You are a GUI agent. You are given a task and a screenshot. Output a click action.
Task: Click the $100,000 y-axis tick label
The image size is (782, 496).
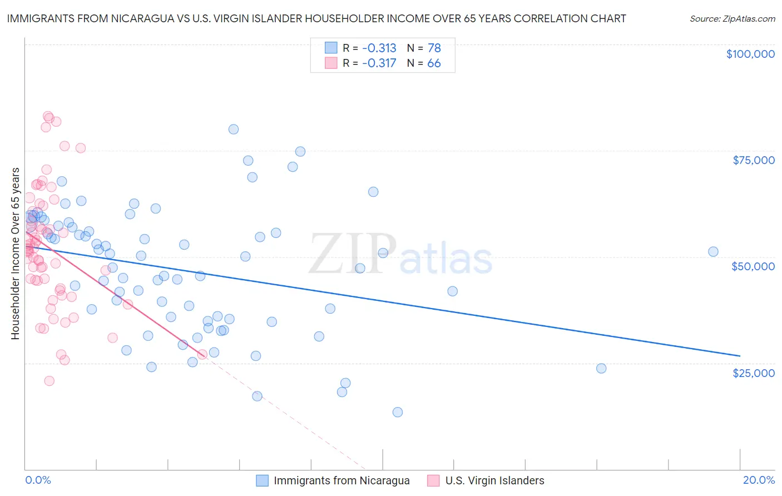pos(750,54)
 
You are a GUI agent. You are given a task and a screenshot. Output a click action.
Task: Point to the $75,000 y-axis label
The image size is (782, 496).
pos(754,160)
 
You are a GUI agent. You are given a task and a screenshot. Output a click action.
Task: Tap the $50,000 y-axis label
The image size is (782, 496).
pos(753,266)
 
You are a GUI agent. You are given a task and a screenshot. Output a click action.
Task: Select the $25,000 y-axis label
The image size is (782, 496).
pos(754,373)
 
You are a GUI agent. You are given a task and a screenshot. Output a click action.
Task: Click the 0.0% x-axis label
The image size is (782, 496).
pos(38,480)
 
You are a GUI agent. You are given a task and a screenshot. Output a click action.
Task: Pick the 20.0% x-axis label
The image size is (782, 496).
pos(759,480)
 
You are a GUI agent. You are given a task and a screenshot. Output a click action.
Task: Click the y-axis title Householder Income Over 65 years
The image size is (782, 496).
pos(15,254)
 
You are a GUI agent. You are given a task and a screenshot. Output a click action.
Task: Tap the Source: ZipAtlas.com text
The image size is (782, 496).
pos(732,18)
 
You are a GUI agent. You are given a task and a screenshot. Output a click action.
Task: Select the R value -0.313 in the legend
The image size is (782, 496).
pos(379,48)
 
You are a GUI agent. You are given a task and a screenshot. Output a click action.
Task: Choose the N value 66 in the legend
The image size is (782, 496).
pos(434,63)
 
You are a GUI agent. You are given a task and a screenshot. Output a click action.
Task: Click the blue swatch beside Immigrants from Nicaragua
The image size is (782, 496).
pos(262,480)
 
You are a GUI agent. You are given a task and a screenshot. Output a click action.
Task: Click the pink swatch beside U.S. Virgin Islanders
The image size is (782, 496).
pos(433,480)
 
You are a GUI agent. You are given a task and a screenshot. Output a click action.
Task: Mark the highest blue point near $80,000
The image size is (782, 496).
pos(234,129)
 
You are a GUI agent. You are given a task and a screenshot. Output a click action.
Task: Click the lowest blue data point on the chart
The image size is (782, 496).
pos(398,412)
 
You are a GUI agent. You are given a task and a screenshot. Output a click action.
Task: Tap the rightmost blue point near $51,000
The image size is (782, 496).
pos(713,251)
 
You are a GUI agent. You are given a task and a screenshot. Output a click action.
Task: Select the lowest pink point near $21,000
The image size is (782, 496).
pos(50,381)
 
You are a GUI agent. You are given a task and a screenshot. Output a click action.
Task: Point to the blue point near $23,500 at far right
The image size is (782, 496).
pos(601,368)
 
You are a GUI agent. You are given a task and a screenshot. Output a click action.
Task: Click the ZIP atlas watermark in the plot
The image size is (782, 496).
pos(400,254)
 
